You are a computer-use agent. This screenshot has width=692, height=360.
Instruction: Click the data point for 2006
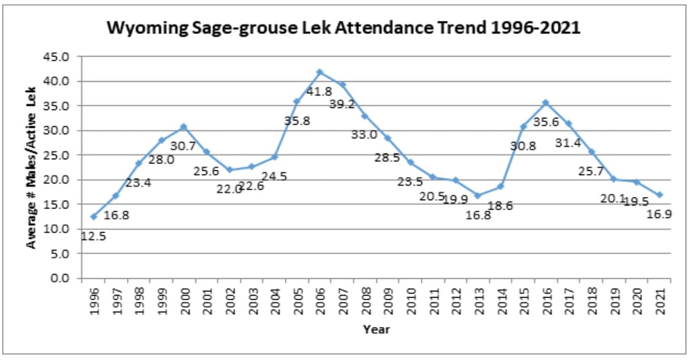coord(319,72)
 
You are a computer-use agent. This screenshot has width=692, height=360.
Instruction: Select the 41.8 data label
coord(319,91)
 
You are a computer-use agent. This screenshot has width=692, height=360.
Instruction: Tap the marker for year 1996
coord(93,217)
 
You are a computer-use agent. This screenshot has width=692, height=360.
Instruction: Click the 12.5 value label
coord(93,236)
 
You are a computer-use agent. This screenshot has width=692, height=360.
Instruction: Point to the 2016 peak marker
coord(545,102)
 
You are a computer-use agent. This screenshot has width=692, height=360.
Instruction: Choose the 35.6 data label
coord(546,122)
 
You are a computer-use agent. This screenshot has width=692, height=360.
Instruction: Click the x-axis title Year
coord(376,330)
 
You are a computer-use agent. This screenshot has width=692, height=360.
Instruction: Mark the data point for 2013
coord(477,196)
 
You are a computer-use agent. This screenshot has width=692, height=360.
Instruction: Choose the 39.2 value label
coord(342,104)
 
